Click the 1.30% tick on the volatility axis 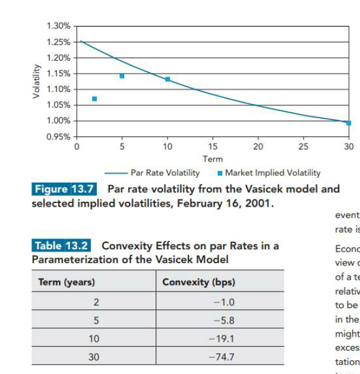(58, 26)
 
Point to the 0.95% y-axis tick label (58, 136)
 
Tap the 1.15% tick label (58, 74)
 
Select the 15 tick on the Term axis (213, 146)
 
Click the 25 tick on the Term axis (304, 146)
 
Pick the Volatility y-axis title (37, 81)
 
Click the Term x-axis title (213, 159)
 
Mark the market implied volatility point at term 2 (94, 99)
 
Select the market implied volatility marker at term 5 (122, 76)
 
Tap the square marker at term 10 (168, 79)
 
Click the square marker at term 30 (349, 123)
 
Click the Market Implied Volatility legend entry (273, 173)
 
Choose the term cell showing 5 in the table (96, 321)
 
